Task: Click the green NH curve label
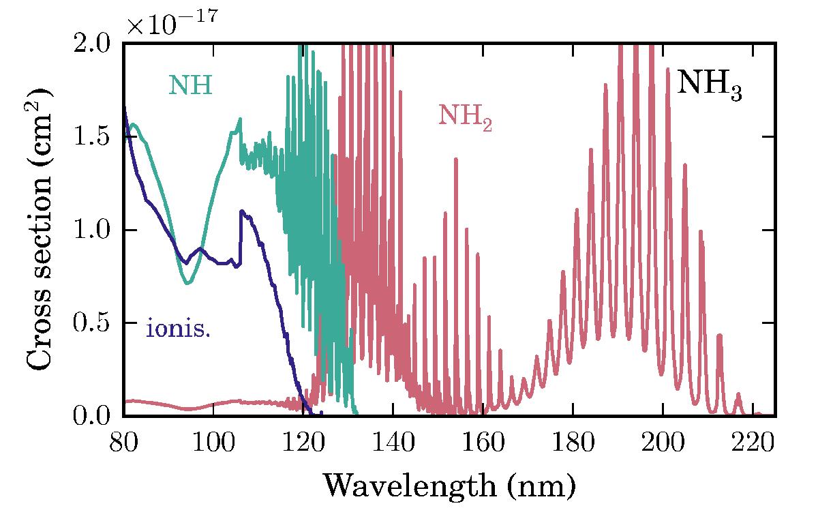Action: pos(190,85)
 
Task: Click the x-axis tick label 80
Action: pos(123,439)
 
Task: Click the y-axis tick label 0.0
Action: pos(95,416)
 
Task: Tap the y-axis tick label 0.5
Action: pos(95,323)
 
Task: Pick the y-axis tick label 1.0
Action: pos(95,230)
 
